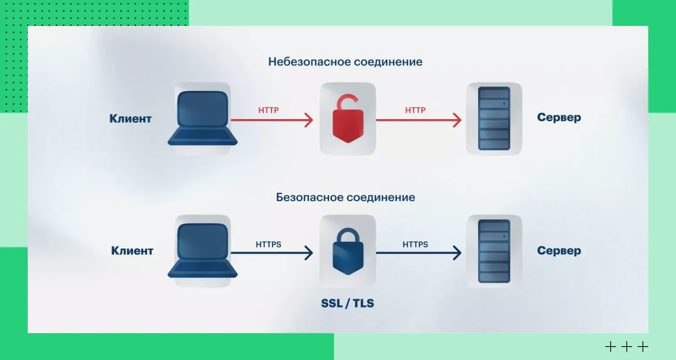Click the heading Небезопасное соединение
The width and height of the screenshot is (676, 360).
click(345, 61)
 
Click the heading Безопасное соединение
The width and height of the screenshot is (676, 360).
click(345, 197)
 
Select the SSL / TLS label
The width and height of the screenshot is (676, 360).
click(347, 303)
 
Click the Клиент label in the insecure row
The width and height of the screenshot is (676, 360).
click(130, 119)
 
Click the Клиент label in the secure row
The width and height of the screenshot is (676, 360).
click(132, 251)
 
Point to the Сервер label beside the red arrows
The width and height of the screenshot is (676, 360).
click(559, 118)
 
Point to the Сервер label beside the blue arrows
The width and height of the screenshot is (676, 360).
click(559, 251)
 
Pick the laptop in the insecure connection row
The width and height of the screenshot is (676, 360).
click(202, 119)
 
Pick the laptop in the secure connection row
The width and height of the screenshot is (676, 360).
click(202, 251)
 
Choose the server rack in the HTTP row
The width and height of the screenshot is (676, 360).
click(494, 119)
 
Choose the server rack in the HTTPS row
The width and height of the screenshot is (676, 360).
click(494, 251)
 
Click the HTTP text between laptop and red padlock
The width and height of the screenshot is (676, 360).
click(269, 110)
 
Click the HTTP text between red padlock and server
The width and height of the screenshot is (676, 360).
click(415, 110)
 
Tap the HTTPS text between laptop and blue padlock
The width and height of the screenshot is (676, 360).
click(269, 244)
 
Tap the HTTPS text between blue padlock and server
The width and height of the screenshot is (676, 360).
click(415, 244)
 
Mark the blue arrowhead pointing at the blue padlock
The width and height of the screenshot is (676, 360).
click(308, 253)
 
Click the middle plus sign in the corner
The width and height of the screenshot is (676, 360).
click(626, 347)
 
